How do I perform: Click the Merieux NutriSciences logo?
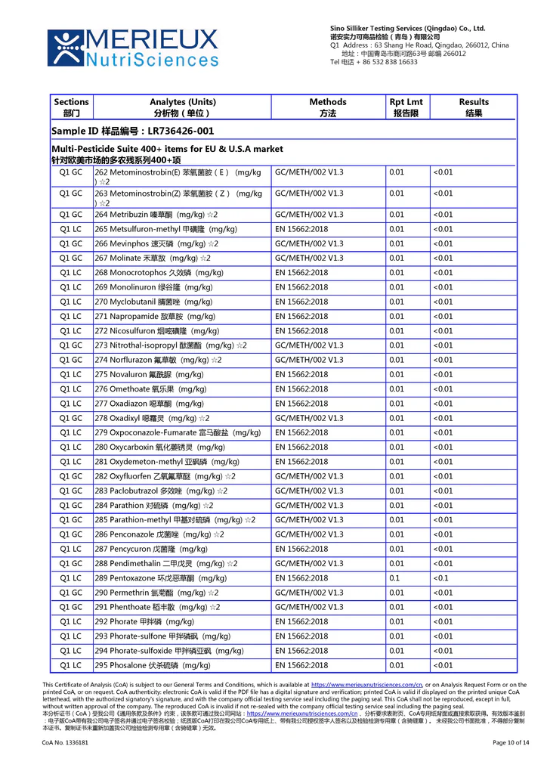(132, 48)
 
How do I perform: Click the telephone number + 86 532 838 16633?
(374, 62)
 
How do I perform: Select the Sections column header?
(72, 107)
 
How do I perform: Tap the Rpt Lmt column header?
(406, 107)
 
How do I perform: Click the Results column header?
(474, 107)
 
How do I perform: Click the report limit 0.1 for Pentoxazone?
(394, 578)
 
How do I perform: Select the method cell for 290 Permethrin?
(309, 593)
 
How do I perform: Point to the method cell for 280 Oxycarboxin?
(301, 447)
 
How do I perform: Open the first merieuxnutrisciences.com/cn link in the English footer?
(366, 685)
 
